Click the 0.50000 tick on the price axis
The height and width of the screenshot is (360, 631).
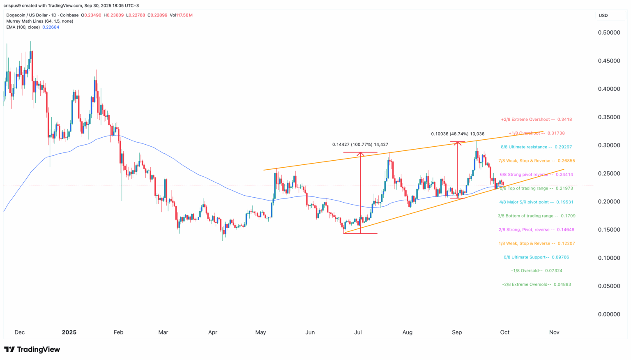(x=609, y=33)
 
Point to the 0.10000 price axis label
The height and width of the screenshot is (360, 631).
(x=609, y=258)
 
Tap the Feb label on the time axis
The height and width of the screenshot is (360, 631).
(x=118, y=332)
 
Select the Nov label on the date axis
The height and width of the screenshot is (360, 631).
(x=554, y=332)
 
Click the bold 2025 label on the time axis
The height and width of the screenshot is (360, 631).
(x=69, y=332)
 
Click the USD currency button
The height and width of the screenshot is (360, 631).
(x=603, y=16)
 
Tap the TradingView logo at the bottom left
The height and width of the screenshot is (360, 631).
(x=32, y=350)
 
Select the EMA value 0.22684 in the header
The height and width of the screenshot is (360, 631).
(x=51, y=27)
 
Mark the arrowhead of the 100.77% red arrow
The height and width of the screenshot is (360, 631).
(x=360, y=154)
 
